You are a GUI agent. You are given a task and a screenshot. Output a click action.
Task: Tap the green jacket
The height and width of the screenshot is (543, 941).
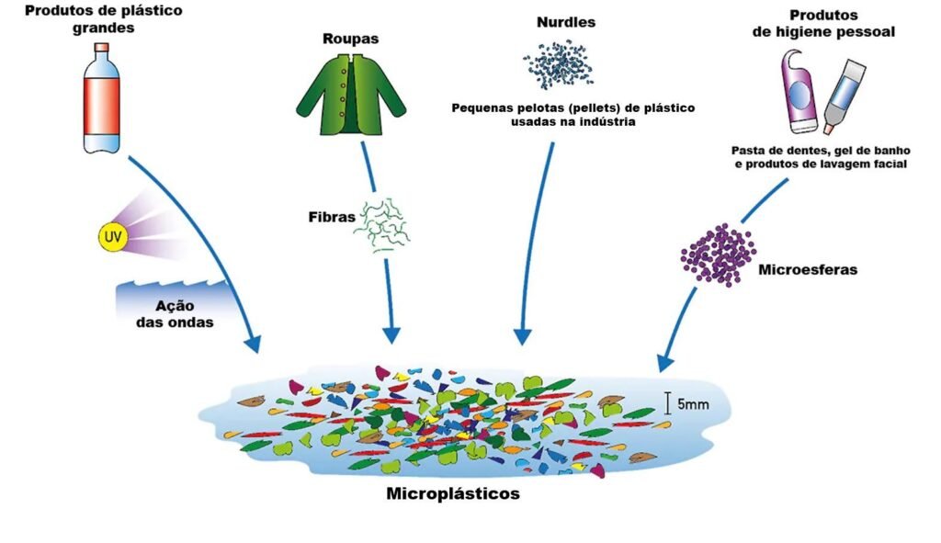[x=342, y=96]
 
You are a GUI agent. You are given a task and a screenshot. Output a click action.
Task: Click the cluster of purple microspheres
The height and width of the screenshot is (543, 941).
[x=718, y=251]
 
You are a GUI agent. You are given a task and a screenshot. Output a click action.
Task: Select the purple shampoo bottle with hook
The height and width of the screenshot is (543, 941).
[x=798, y=90]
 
